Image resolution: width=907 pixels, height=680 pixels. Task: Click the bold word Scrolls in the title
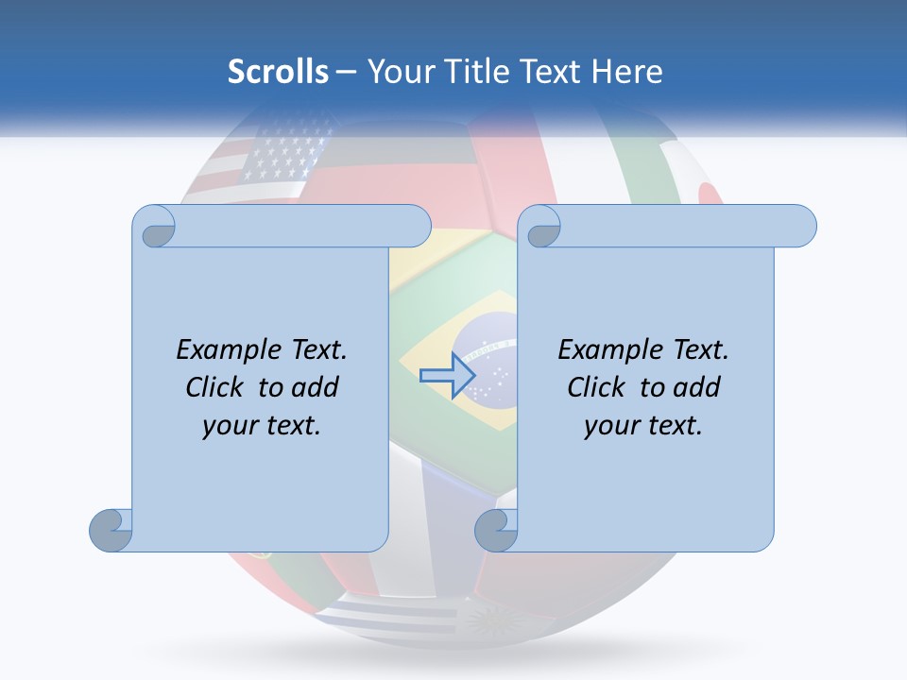(278, 72)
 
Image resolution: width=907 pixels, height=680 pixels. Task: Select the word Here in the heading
(626, 72)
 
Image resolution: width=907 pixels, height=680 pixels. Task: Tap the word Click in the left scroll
(219, 387)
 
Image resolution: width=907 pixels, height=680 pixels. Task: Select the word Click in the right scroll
(601, 387)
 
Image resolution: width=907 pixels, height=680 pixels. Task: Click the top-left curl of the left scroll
(156, 228)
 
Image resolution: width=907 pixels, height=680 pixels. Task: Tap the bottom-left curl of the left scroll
(111, 530)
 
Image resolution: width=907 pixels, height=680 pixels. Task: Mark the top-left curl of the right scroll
(541, 228)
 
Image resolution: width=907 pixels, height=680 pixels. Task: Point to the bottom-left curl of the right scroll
(496, 530)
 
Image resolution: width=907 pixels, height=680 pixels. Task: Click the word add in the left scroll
(317, 387)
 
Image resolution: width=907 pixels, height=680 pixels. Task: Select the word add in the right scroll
(698, 387)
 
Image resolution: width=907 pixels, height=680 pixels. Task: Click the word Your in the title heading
(395, 72)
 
